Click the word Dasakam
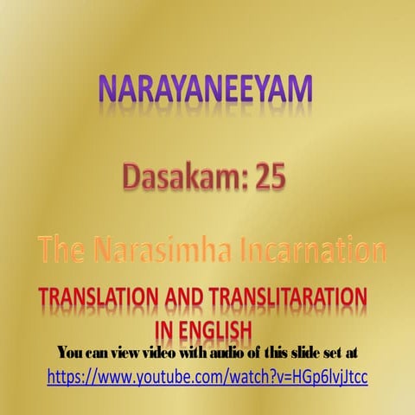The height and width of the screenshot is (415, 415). click(x=170, y=178)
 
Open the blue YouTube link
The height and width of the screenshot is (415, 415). click(x=207, y=377)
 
